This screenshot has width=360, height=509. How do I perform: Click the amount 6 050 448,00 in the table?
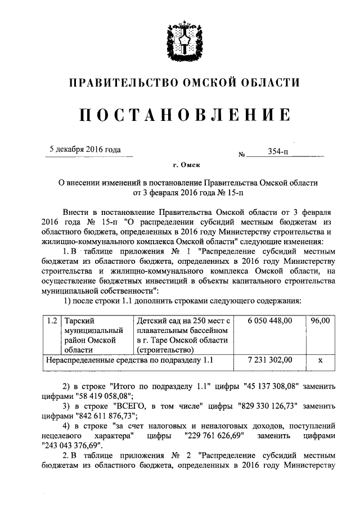click(270, 320)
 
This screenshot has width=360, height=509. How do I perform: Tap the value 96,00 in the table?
click(319, 320)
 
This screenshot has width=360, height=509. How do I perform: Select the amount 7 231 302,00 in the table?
click(270, 359)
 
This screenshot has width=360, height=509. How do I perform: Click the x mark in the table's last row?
click(319, 359)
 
